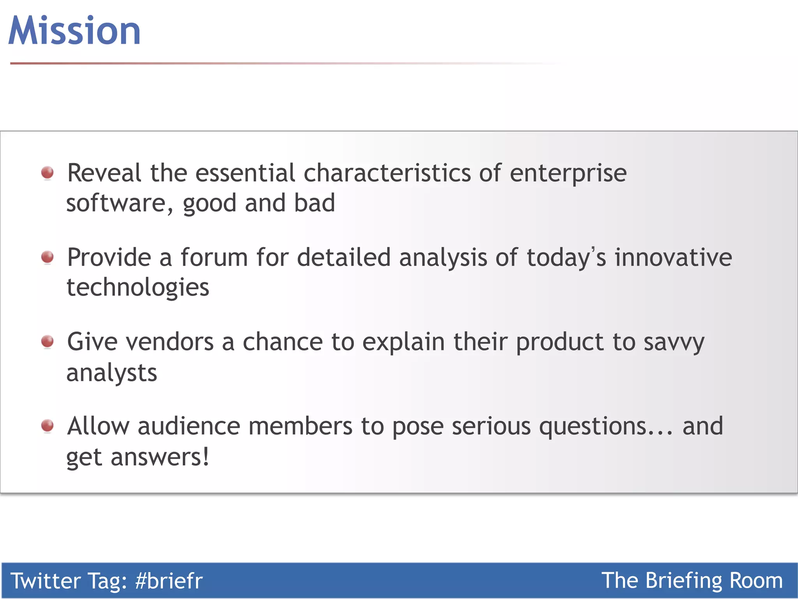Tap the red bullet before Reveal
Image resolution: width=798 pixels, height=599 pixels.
tap(48, 172)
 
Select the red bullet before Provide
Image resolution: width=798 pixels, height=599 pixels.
tap(48, 257)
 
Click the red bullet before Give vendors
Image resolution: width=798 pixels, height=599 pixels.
tap(48, 341)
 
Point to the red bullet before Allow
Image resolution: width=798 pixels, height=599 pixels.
tap(48, 425)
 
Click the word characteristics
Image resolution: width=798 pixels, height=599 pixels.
tap(387, 173)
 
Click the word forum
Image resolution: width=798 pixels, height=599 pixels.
tap(214, 257)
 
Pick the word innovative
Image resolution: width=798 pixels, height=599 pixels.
tap(673, 257)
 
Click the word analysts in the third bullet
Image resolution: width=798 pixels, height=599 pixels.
tap(112, 373)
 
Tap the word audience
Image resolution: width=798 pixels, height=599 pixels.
tap(189, 426)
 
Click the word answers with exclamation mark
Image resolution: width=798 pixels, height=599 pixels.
tap(160, 457)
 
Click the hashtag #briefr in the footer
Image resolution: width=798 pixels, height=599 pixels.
tap(169, 581)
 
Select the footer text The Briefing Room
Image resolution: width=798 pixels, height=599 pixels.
tap(692, 581)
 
